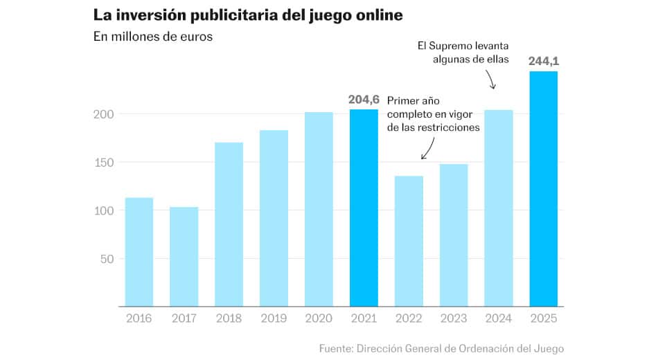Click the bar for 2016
[x=139, y=252]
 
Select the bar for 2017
[x=184, y=257]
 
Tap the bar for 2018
[x=229, y=224]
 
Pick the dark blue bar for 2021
[x=364, y=208]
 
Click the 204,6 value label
[x=364, y=100]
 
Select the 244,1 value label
[x=543, y=61]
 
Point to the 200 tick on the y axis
[x=104, y=114]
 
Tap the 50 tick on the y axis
[x=107, y=259]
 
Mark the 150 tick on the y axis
[x=104, y=162]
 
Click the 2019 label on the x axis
[x=274, y=318]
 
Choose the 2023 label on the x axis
[x=453, y=318]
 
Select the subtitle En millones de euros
[x=152, y=37]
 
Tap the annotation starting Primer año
[x=434, y=114]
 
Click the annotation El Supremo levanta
[x=463, y=53]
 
